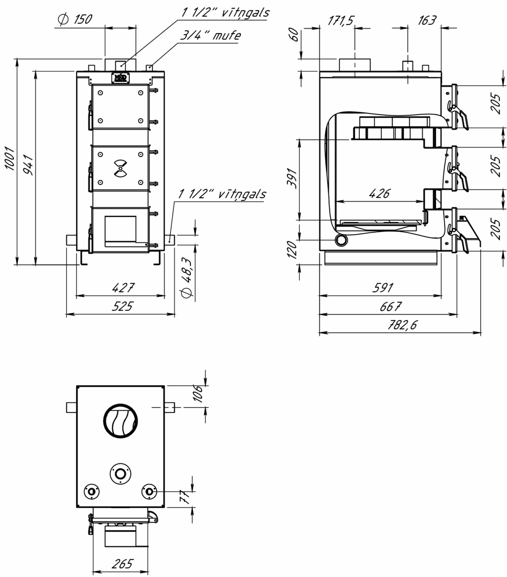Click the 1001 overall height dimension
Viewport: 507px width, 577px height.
tap(10, 159)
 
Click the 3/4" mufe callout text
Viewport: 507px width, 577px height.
tap(210, 35)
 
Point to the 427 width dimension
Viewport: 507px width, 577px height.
tap(123, 288)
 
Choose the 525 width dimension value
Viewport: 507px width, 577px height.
tap(122, 307)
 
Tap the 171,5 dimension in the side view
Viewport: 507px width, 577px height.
tap(341, 21)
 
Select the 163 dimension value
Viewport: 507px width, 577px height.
tap(427, 20)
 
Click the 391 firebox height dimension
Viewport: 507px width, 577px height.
tap(292, 178)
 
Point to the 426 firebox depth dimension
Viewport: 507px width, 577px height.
tap(379, 194)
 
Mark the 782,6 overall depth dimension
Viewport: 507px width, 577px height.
tap(402, 325)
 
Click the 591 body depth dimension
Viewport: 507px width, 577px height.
tap(383, 288)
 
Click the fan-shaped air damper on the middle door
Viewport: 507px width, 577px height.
tap(120, 168)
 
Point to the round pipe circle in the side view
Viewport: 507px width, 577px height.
tap(341, 240)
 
